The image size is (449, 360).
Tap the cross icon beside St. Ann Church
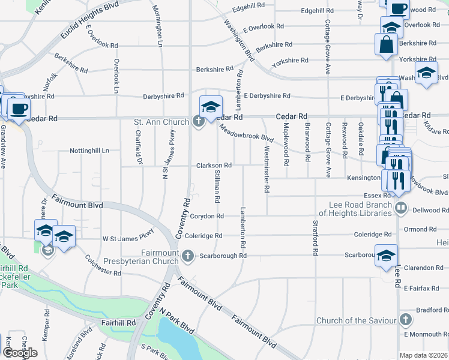click(199, 122)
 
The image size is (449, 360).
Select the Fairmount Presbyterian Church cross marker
click(188, 257)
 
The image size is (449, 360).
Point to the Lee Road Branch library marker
click(402, 208)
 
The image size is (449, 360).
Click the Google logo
click(20, 353)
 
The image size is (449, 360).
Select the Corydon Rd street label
click(207, 216)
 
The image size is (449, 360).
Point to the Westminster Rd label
click(266, 172)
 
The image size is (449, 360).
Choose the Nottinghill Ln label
click(90, 151)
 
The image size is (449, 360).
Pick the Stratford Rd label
click(315, 238)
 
